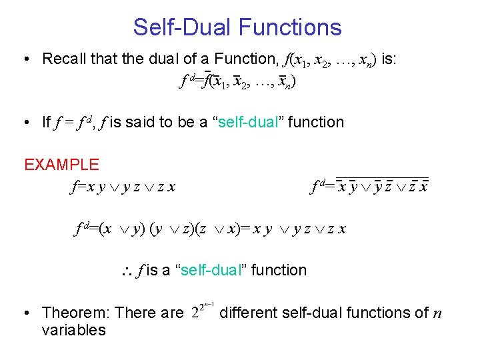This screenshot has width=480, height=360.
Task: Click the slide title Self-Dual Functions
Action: coord(237,27)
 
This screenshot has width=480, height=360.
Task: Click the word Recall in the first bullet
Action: coord(63,59)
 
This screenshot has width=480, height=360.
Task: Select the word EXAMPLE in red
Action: coord(61,165)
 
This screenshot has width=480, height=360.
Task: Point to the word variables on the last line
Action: coord(73,331)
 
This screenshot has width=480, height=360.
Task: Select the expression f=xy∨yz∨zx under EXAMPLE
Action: coord(123,187)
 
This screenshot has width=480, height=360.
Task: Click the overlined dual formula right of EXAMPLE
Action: coord(371,186)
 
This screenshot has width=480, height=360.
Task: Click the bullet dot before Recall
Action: coord(25,59)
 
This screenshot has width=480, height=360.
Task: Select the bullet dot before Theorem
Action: coord(25,313)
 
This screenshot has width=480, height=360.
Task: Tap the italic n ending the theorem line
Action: coord(437,313)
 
